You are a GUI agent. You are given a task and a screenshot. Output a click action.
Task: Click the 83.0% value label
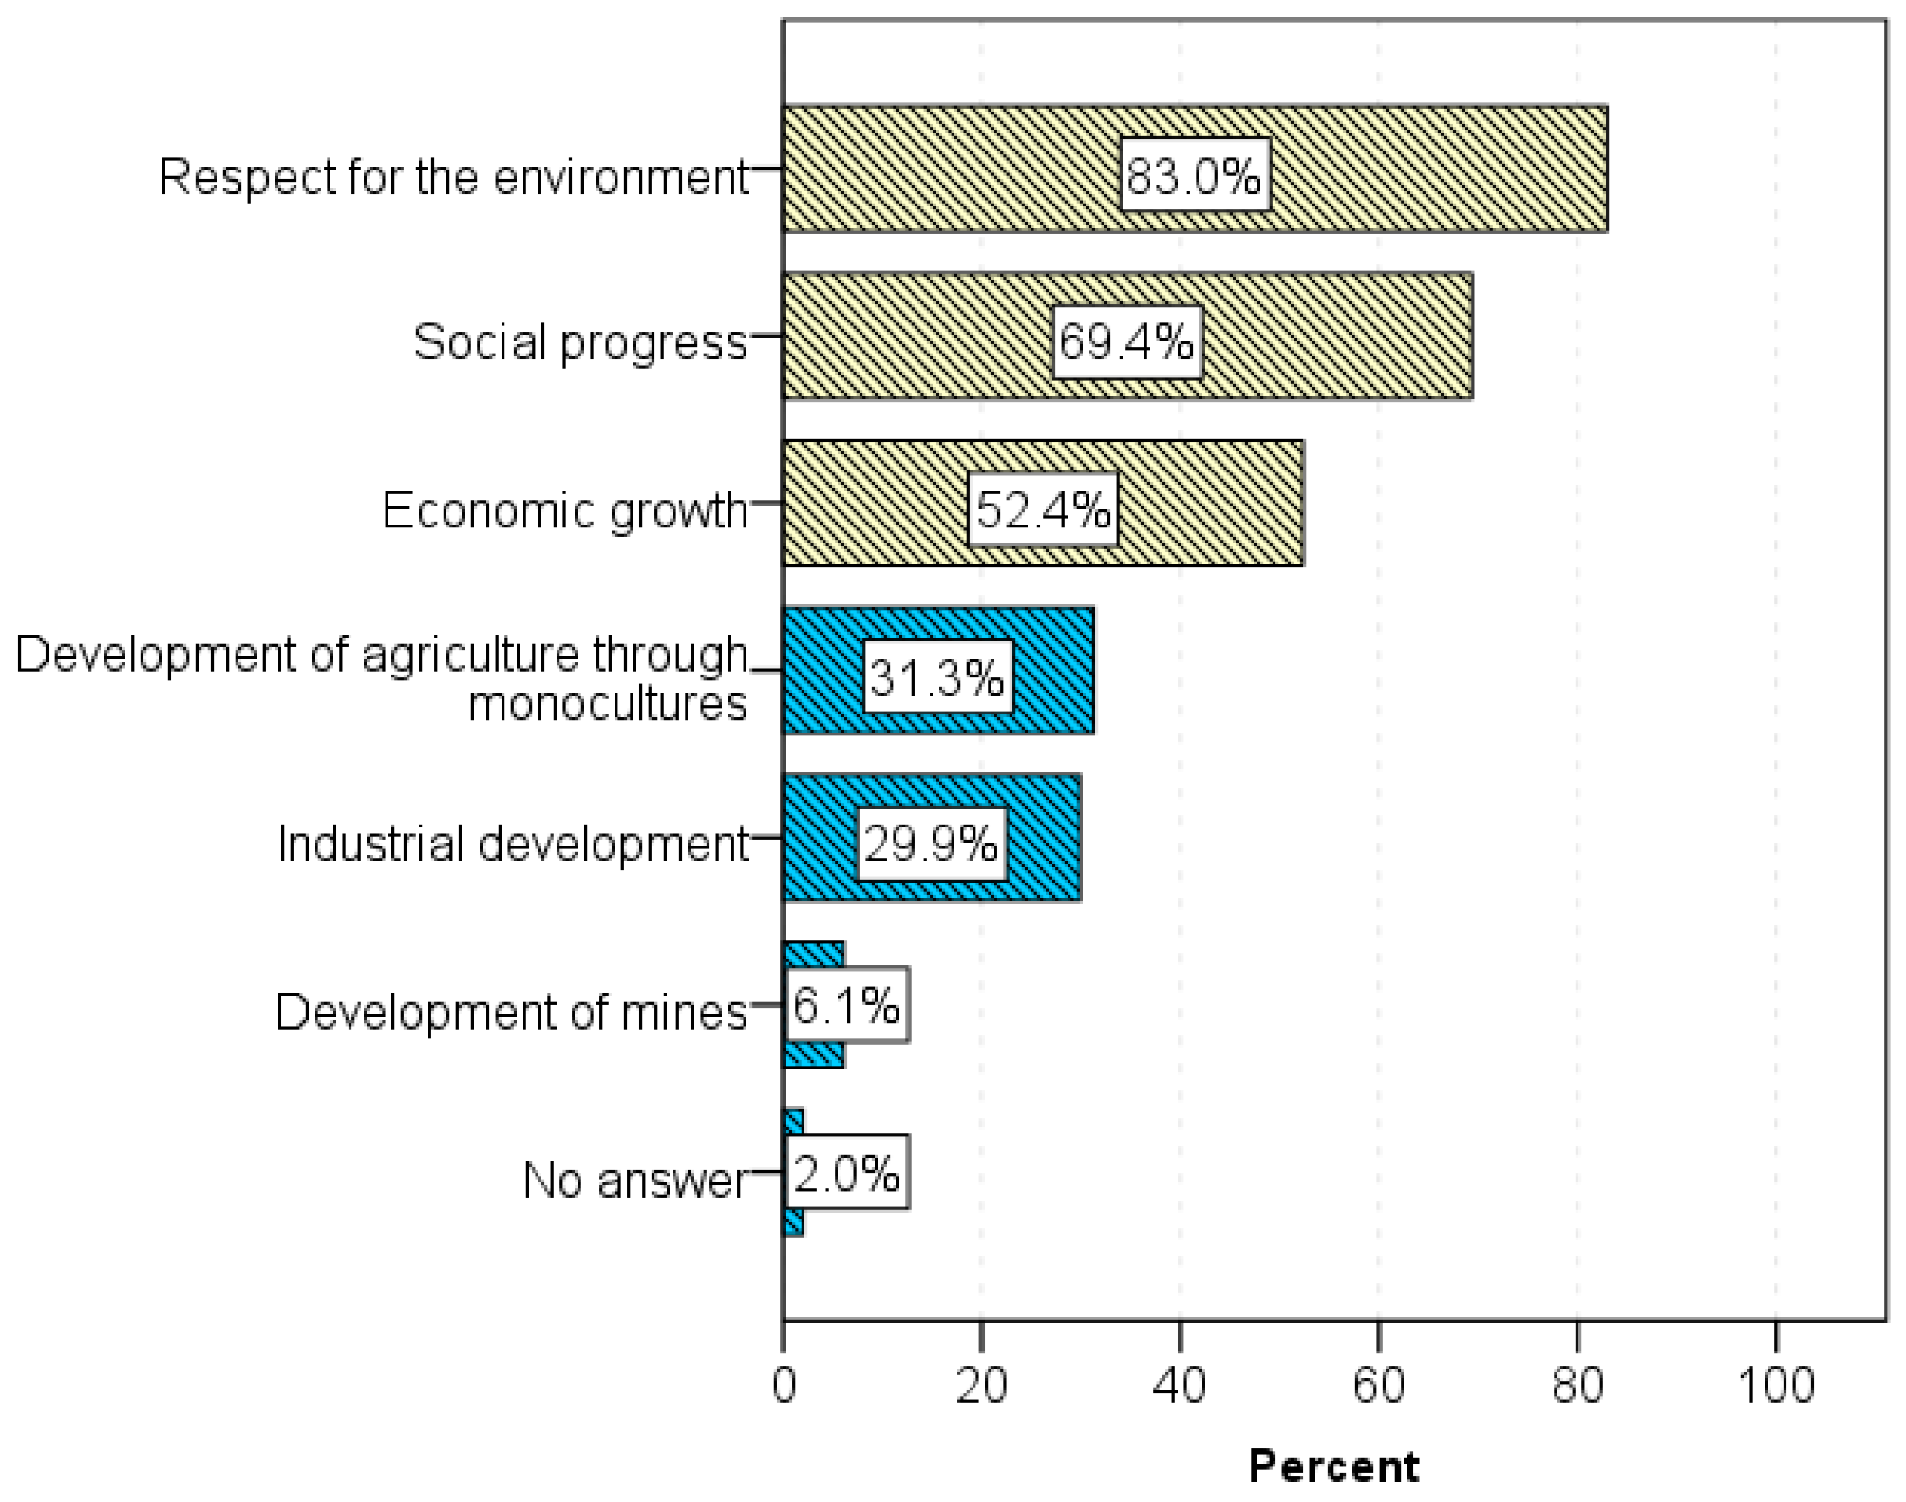click(1194, 175)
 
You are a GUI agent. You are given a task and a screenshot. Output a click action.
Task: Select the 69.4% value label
click(1127, 342)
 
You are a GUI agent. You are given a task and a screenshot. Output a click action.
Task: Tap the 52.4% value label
click(1042, 509)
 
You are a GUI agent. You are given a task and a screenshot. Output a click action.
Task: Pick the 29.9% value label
click(931, 843)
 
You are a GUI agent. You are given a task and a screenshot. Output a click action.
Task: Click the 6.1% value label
click(846, 1005)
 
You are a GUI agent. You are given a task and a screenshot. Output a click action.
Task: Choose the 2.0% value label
click(846, 1173)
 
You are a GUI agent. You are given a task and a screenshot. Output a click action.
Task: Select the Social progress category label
click(580, 342)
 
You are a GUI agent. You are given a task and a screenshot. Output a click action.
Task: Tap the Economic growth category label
click(564, 510)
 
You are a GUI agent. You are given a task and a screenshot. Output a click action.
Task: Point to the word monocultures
click(607, 704)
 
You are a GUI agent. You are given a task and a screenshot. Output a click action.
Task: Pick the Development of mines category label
click(511, 1012)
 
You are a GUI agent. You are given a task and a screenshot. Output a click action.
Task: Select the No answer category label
click(634, 1180)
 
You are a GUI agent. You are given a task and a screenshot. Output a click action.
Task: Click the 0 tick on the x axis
click(783, 1386)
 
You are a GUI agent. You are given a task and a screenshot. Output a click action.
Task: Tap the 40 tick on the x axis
click(1180, 1386)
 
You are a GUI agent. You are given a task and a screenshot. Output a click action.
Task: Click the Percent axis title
click(1333, 1466)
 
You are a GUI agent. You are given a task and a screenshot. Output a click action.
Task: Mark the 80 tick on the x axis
click(1577, 1386)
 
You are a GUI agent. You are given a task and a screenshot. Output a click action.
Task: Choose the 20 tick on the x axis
click(981, 1386)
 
